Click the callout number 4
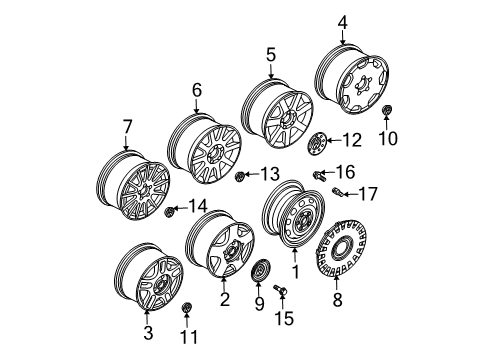pos(342,23)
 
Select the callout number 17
pos(367,194)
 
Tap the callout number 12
pos(352,140)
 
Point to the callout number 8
pos(337,299)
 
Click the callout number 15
pos(284,318)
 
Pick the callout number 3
pos(148,332)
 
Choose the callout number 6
pos(197,90)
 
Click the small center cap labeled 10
pos(387,110)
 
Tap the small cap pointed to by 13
pos(240,176)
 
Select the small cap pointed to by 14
pos(170,211)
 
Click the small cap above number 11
pos(187,308)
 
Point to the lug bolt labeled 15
pos(280,289)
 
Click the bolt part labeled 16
pos(318,175)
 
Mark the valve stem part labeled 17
pos(337,191)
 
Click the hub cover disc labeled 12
pos(317,143)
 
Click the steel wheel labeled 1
pos(293,215)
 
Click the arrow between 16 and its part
pos(329,172)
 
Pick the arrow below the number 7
pos(126,143)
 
